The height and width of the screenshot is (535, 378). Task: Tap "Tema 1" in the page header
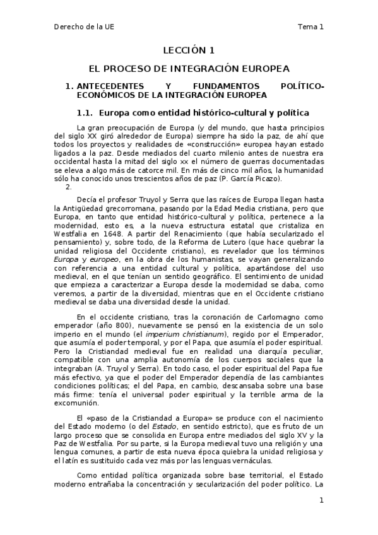click(x=310, y=26)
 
